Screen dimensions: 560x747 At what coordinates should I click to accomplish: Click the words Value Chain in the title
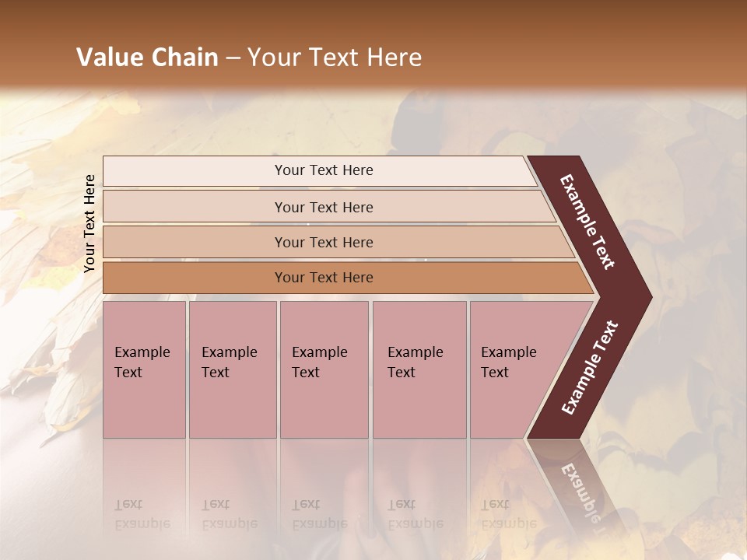pos(147,58)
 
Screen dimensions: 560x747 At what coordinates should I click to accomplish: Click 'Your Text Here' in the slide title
pos(335,58)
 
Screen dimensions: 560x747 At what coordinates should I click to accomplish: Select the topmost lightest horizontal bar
pos(195,171)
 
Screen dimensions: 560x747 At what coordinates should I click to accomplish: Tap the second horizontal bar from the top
pos(195,207)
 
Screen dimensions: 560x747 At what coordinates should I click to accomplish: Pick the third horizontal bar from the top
pos(195,242)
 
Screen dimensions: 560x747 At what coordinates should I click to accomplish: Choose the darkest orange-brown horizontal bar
pos(195,278)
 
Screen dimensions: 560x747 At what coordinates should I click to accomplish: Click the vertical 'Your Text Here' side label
pos(89,223)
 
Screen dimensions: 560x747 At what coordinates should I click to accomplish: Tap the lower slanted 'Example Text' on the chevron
pos(590,368)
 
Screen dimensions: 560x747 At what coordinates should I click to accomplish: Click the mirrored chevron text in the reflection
pos(579,490)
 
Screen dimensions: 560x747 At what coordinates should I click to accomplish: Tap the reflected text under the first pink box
pos(142,513)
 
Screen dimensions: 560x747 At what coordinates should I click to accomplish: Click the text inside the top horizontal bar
pos(324,170)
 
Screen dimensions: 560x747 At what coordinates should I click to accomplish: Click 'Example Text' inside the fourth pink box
pos(415,362)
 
